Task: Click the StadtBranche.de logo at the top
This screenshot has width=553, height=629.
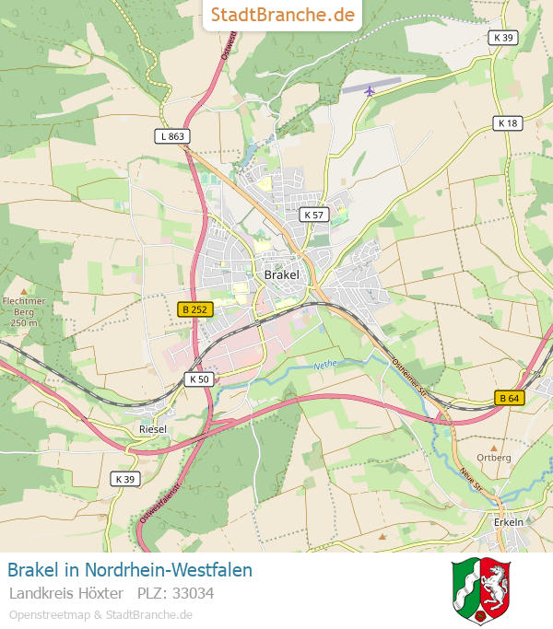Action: [282, 15]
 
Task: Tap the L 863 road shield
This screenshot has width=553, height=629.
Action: [171, 136]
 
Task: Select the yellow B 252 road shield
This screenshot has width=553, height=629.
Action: [195, 310]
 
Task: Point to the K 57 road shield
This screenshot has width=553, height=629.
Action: [314, 215]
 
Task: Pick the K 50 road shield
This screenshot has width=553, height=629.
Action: [199, 379]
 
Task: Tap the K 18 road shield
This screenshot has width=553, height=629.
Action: [508, 122]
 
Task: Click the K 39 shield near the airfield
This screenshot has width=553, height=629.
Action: [503, 38]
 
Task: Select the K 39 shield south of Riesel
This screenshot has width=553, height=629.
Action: [125, 479]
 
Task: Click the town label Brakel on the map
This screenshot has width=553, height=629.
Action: [281, 274]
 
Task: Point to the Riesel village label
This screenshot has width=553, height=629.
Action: [152, 429]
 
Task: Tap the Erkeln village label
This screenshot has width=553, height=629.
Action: [508, 522]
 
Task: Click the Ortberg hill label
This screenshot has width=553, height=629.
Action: [494, 458]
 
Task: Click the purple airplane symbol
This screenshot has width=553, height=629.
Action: [371, 90]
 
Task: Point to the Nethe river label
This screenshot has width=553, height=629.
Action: [325, 365]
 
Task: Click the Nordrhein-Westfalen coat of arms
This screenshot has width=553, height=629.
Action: [481, 590]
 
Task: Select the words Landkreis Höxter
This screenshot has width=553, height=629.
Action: [66, 593]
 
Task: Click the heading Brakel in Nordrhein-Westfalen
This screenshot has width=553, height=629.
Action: [130, 570]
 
